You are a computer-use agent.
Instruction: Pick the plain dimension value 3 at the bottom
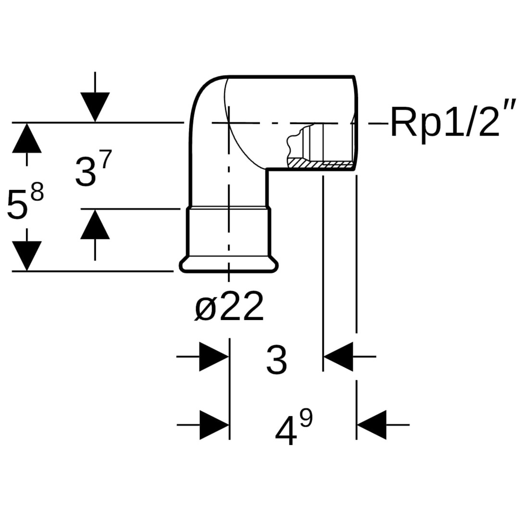coord(276,359)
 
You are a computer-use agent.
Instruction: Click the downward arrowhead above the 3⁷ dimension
coord(95,107)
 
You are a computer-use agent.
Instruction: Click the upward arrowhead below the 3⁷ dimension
coord(95,224)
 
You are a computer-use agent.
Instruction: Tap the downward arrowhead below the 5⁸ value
coord(27,255)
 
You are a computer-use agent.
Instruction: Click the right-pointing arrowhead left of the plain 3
coord(213,357)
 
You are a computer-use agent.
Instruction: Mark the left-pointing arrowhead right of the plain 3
coord(339,357)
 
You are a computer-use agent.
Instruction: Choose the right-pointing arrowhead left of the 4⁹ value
coord(213,425)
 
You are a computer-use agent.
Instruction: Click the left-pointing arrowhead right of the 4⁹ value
coord(372,425)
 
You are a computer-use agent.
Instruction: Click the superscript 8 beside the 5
coord(37,192)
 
